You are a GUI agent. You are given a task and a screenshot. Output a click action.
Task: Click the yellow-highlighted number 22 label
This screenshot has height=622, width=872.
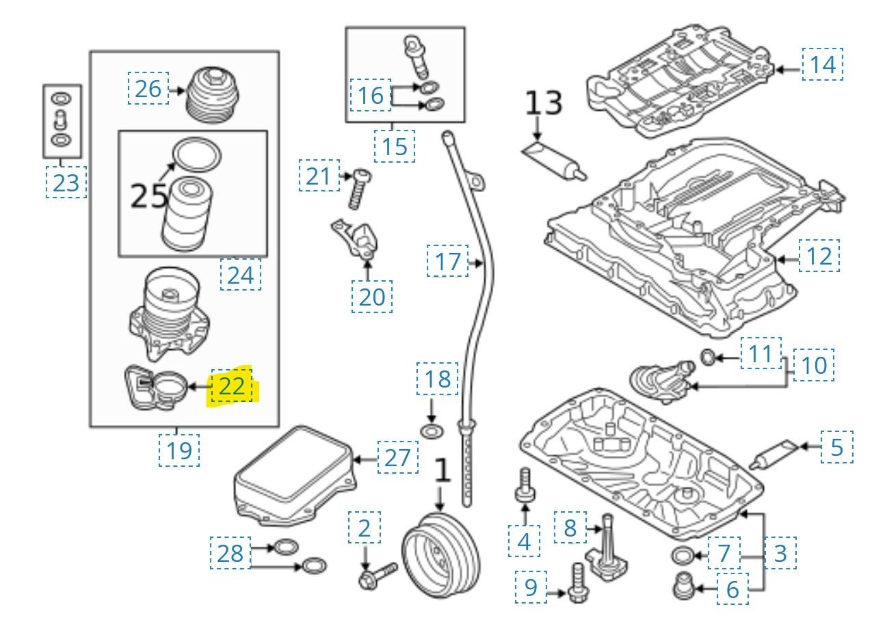pyautogui.click(x=232, y=387)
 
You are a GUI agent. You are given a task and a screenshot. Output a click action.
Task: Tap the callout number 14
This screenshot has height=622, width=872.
pyautogui.click(x=823, y=65)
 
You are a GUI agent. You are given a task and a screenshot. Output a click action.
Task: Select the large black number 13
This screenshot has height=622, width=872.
pyautogui.click(x=544, y=104)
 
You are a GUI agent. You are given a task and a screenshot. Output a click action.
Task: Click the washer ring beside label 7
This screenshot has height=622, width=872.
pyautogui.click(x=683, y=554)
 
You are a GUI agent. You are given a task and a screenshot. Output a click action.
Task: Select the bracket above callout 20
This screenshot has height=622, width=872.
pyautogui.click(x=359, y=239)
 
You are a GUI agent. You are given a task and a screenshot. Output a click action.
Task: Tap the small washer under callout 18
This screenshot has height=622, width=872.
pyautogui.click(x=431, y=431)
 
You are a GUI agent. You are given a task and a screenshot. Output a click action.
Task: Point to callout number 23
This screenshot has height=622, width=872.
pyautogui.click(x=66, y=183)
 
